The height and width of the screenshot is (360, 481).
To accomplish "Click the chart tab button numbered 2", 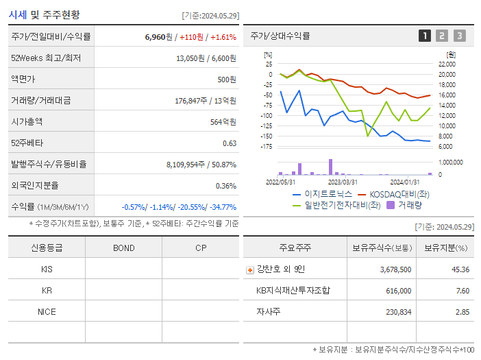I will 442,36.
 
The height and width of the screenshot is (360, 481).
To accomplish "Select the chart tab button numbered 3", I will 459,36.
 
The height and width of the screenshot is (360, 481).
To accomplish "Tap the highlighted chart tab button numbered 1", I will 425,36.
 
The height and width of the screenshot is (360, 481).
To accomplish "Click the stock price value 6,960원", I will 159,36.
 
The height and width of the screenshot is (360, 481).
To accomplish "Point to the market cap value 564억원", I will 223,121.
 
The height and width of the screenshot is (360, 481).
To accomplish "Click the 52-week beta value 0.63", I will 230,143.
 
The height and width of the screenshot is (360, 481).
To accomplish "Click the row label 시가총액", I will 27,121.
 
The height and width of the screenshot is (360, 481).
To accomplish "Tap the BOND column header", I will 123,248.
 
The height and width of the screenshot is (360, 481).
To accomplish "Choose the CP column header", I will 200,248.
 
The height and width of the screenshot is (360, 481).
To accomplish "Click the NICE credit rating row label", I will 47,311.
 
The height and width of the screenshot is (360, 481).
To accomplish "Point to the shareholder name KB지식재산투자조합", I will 293,290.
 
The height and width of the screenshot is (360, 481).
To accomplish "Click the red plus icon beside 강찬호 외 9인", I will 249,269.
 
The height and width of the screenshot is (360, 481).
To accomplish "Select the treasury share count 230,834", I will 395,311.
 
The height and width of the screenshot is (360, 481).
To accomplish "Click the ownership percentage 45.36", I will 461,269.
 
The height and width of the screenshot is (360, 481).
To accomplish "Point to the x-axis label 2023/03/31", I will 342,182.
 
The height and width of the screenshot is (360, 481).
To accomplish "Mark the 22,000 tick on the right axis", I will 447,64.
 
